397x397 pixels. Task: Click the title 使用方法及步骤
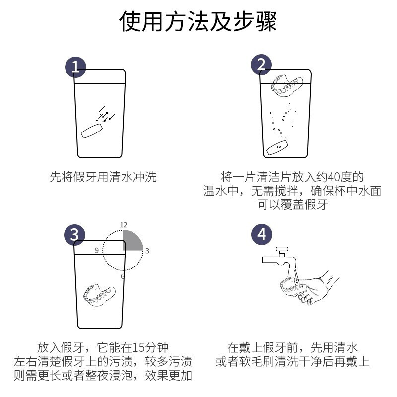tap(198, 21)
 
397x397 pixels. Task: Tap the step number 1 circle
tap(75, 67)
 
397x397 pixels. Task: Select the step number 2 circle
tap(261, 65)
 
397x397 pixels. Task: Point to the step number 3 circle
tap(74, 235)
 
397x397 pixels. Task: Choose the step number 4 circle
tap(262, 234)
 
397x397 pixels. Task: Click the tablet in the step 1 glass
tap(92, 131)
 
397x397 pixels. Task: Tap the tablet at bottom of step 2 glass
tap(277, 148)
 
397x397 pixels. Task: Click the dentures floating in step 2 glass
tap(287, 85)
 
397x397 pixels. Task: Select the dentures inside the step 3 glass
tap(99, 295)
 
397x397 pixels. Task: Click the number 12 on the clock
tap(123, 225)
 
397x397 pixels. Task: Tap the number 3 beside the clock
tap(147, 251)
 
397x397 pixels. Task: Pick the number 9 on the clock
tap(97, 250)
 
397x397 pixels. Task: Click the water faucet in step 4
tap(279, 258)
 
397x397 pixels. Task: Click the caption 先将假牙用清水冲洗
tap(103, 177)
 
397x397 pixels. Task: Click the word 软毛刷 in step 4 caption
tap(257, 362)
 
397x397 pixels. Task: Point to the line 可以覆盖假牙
tap(293, 204)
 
